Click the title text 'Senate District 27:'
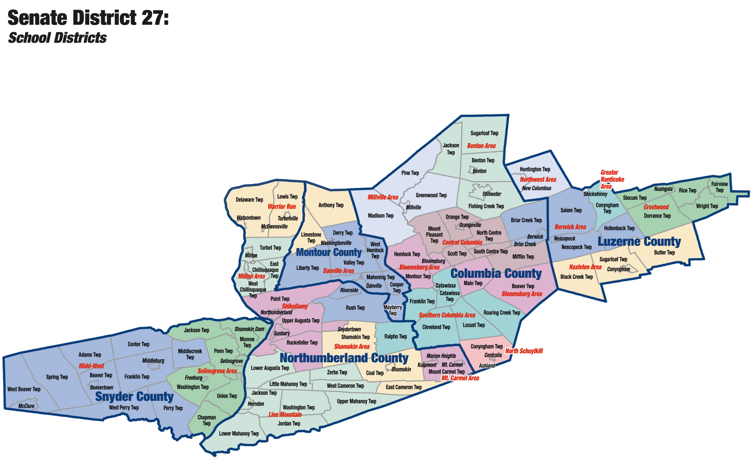88,18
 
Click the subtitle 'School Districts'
57,38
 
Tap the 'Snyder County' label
134,396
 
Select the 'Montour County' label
329,252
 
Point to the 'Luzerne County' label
639,241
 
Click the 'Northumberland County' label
344,358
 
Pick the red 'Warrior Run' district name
282,207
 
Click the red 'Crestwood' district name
656,207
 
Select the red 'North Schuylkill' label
524,351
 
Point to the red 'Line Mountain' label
285,414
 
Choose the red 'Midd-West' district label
91,366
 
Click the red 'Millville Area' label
383,197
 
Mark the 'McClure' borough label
26,406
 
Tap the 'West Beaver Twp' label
24,389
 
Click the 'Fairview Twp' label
719,187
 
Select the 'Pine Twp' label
410,173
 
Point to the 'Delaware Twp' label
249,200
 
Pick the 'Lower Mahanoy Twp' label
239,433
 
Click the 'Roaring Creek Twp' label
502,313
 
